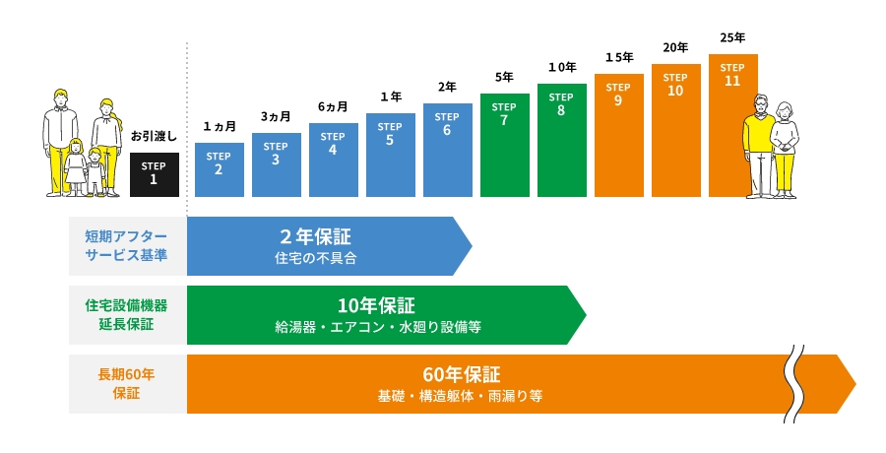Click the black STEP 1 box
[154, 174]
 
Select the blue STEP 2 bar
[219, 169]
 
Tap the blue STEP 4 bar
[333, 160]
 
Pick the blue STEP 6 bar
[447, 150]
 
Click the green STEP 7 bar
[504, 145]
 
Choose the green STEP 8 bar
[561, 140]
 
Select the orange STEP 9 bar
[618, 135]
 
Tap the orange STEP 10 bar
[675, 130]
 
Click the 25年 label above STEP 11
[732, 37]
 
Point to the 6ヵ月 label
[333, 106]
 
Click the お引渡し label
[154, 136]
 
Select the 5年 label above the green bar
[504, 77]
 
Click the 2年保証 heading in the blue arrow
[315, 236]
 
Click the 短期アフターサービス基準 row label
[126, 246]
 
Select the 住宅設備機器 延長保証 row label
[126, 315]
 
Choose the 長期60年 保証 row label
[126, 383]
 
